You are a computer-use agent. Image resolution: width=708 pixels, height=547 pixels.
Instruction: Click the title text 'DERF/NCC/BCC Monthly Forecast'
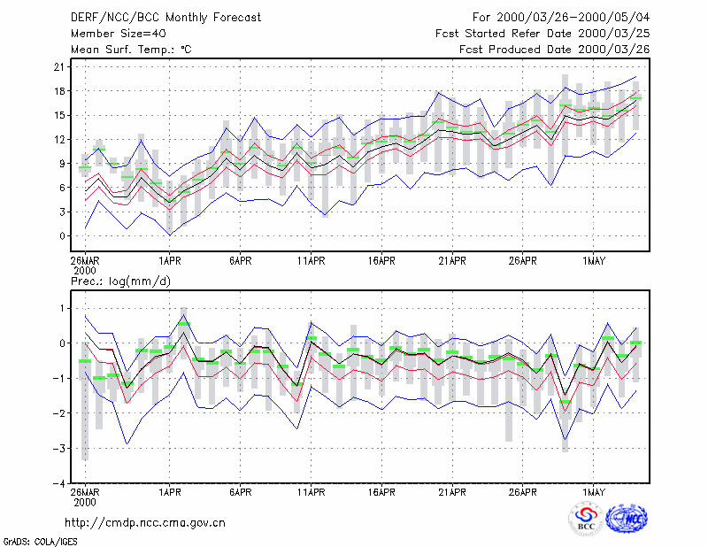(165, 18)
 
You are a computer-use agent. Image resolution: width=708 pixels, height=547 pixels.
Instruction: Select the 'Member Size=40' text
(119, 34)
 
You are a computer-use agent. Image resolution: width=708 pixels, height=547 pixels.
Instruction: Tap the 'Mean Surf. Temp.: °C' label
(131, 50)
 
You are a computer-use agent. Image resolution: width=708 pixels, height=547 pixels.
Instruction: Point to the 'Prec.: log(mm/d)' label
(120, 281)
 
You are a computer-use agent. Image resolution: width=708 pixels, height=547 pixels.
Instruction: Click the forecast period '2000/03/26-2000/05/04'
(573, 18)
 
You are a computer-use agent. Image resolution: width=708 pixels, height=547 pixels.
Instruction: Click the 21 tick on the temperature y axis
(59, 67)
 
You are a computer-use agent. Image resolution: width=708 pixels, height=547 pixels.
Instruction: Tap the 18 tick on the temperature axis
(59, 91)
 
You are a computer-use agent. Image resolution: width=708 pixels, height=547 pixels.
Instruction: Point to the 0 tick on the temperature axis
(62, 235)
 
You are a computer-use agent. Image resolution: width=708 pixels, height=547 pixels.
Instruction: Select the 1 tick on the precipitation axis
(62, 308)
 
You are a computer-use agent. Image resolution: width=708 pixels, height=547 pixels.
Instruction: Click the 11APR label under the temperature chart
(312, 260)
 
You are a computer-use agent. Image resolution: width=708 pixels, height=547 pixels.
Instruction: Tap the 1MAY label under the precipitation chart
(593, 492)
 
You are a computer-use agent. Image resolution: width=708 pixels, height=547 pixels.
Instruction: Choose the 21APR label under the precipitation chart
(452, 492)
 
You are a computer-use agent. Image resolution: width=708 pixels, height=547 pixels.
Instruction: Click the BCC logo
(586, 519)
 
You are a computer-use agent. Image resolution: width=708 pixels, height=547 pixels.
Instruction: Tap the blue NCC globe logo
(627, 519)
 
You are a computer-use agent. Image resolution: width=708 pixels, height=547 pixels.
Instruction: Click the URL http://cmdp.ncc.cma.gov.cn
(145, 523)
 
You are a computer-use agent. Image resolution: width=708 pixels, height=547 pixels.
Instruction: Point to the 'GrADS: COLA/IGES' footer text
(40, 542)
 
